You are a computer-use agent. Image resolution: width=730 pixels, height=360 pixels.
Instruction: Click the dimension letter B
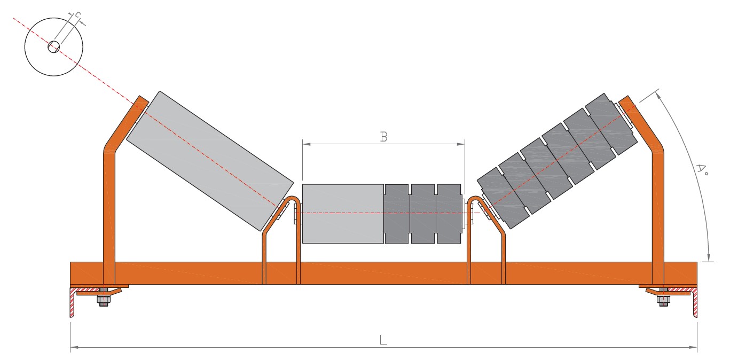point(384,137)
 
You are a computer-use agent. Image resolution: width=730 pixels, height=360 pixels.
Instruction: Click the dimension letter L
point(383,340)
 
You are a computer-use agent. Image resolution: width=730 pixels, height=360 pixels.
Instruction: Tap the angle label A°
point(701,169)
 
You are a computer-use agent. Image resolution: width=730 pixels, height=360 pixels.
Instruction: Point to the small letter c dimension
point(77,14)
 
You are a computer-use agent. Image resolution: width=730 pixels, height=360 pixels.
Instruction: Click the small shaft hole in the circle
point(54,46)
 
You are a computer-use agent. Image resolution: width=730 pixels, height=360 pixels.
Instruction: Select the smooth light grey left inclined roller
point(209,161)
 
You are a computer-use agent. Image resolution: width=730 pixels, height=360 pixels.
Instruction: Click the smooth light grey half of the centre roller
point(343,214)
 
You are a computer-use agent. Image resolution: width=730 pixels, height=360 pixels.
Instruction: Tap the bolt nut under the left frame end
point(104,300)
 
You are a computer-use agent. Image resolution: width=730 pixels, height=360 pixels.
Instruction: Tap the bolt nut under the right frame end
point(663,300)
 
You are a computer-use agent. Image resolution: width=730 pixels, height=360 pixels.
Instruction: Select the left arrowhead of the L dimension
point(74,348)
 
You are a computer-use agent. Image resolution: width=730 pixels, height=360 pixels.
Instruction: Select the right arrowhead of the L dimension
point(693,348)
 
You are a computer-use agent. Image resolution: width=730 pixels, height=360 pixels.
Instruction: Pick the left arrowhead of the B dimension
point(307,144)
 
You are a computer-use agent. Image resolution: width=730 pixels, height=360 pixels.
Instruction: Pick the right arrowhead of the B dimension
point(461,144)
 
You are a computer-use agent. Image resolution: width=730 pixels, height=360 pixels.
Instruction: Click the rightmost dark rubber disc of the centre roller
point(449,214)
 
